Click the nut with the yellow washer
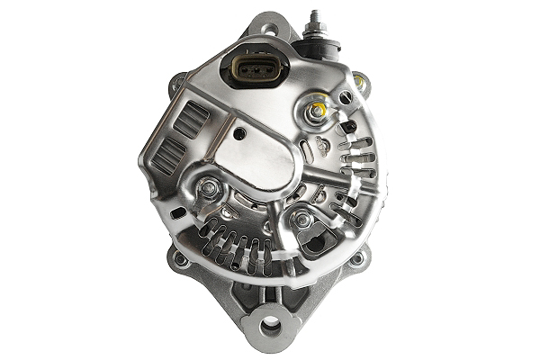[316, 112]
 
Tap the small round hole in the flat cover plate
[239, 133]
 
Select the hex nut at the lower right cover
[302, 219]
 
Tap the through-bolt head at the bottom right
[357, 259]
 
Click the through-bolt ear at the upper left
[177, 85]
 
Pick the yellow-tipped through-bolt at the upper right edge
[360, 83]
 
